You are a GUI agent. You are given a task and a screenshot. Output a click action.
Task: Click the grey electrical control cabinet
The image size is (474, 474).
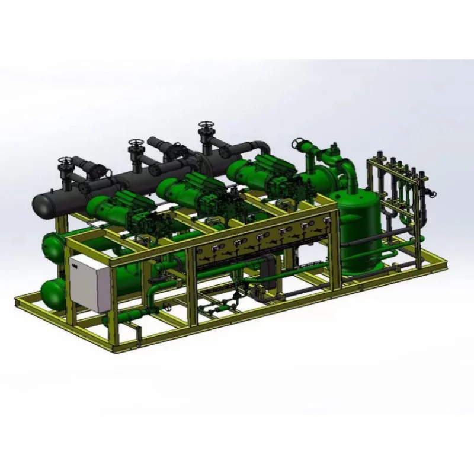point(89,283)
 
